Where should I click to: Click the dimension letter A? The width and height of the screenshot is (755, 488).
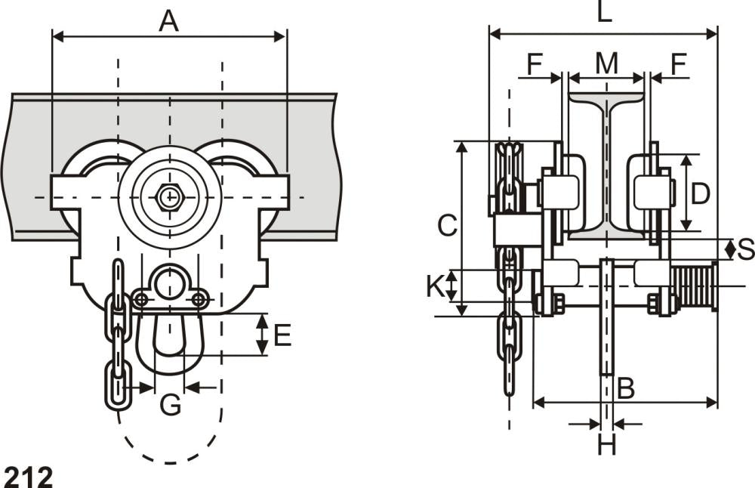tap(168, 20)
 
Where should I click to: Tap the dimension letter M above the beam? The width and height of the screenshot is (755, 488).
tap(606, 64)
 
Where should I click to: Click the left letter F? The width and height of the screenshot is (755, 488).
tap(535, 64)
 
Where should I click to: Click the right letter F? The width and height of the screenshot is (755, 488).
tap(678, 64)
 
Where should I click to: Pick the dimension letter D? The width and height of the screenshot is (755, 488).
tap(701, 193)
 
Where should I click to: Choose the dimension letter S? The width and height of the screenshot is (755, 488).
tap(745, 249)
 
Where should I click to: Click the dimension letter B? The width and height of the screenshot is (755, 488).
tap(625, 388)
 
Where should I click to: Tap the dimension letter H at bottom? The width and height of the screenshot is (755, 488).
tap(606, 445)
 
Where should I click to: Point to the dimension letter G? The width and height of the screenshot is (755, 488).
tap(171, 405)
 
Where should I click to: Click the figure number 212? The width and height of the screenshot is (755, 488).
tap(28, 476)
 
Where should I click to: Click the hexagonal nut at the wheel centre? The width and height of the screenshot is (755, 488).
tap(169, 198)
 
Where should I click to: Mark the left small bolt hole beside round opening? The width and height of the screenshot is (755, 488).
tap(140, 301)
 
